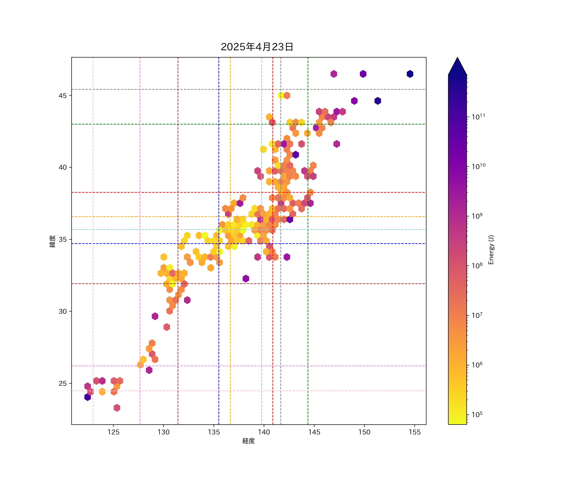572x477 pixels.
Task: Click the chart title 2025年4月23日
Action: [x=257, y=47]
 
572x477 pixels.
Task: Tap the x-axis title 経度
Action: [x=248, y=441]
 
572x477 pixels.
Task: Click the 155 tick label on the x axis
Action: [x=415, y=432]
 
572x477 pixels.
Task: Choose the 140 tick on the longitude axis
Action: [x=264, y=432]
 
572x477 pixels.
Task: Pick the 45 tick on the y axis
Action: [x=63, y=95]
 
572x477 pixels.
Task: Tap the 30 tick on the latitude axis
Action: [x=63, y=311]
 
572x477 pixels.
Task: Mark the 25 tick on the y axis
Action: [x=63, y=383]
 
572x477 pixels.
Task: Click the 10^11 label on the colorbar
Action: [x=478, y=117]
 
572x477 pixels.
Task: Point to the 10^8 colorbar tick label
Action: [x=477, y=266]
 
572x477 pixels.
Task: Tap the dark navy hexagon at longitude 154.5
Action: [x=410, y=74]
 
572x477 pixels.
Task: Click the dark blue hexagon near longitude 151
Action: [x=378, y=101]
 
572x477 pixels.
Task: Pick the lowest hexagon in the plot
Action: [x=117, y=408]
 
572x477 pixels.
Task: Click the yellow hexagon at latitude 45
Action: [x=281, y=95]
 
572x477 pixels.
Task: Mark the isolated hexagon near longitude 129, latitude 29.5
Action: [x=155, y=316]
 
